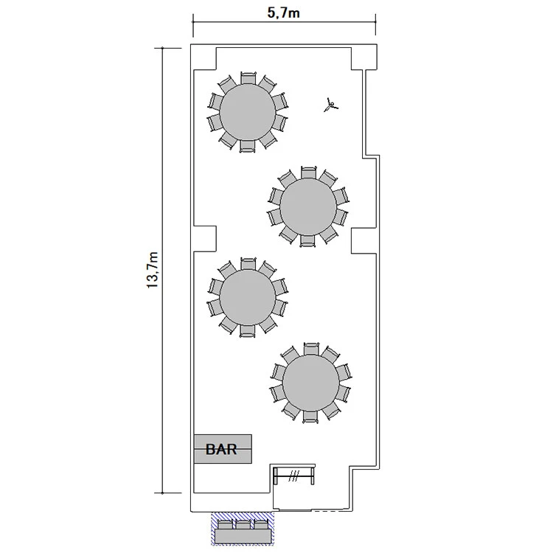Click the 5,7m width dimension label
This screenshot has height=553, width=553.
click(x=284, y=13)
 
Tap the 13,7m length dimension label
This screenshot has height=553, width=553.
click(x=153, y=270)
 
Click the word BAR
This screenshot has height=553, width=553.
click(x=221, y=449)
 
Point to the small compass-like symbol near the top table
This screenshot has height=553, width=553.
click(x=330, y=105)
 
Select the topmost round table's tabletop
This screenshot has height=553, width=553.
click(x=247, y=112)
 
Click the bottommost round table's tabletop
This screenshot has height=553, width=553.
click(x=310, y=383)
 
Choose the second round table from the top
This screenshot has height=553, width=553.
click(x=308, y=206)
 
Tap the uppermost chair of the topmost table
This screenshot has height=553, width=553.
click(x=248, y=78)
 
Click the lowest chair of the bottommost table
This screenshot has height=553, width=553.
click(x=310, y=417)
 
